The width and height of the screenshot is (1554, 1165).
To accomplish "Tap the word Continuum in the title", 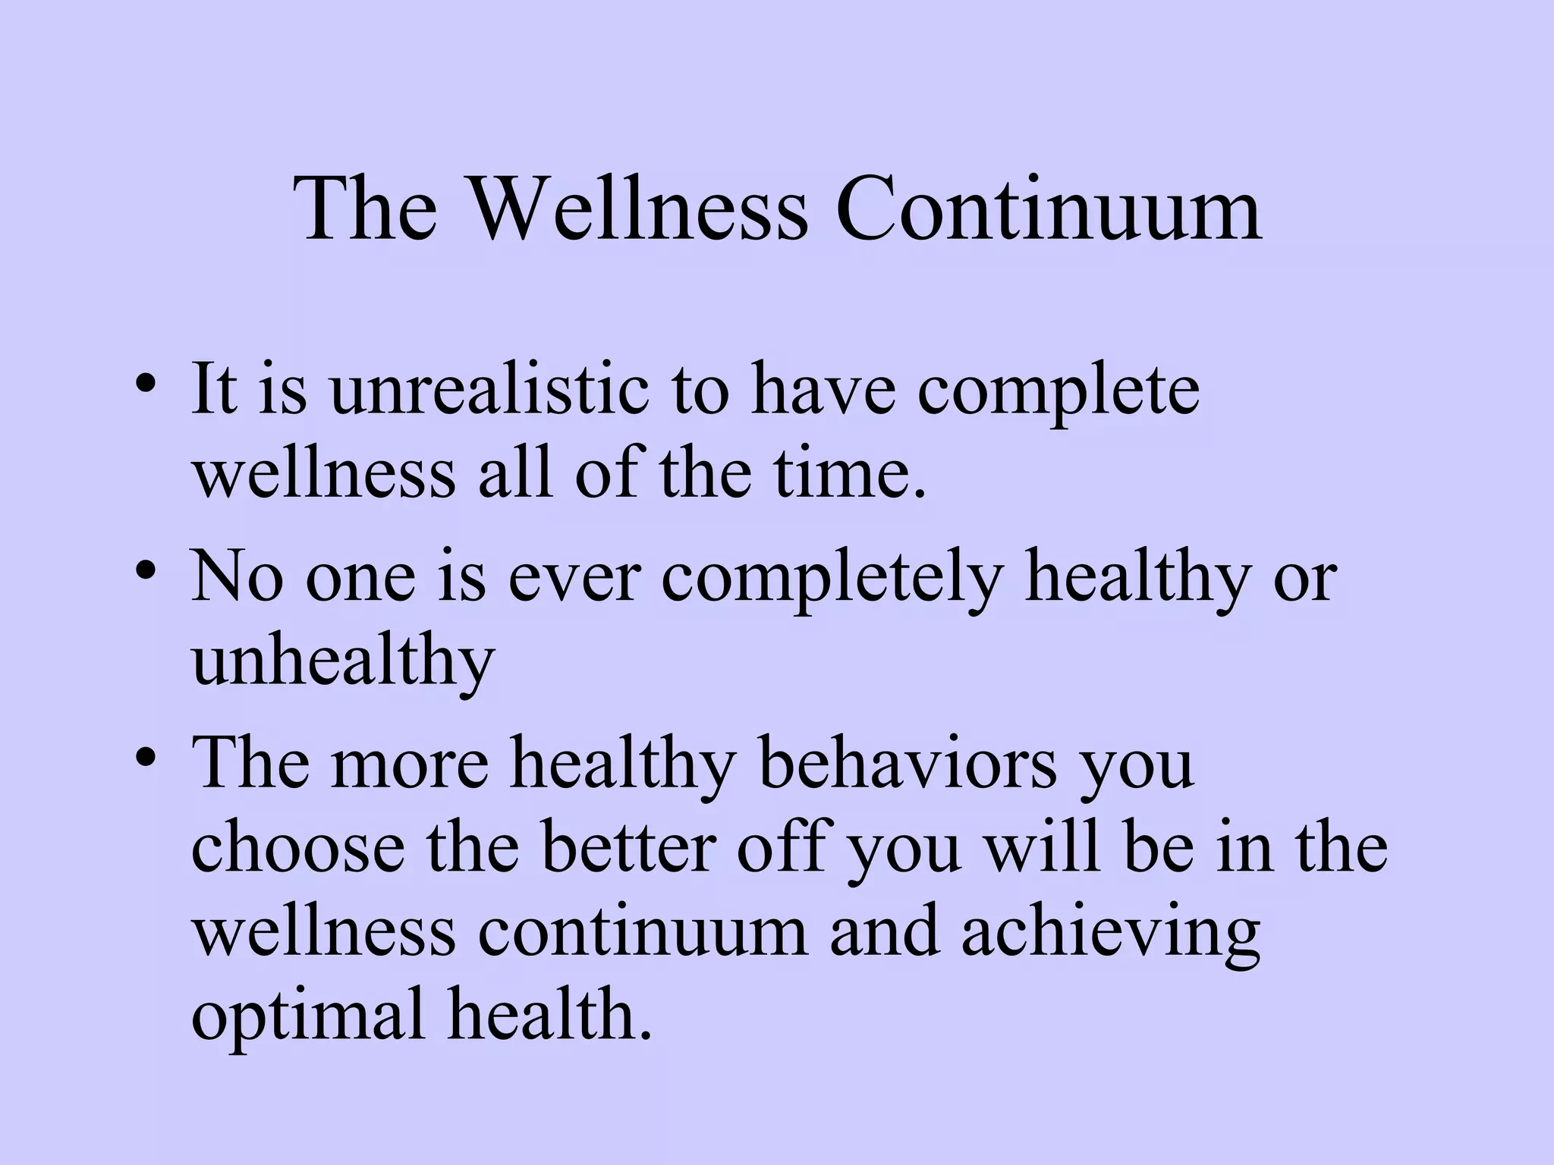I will [x=1049, y=209].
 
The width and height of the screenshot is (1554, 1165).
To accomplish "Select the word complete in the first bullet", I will [x=1058, y=393].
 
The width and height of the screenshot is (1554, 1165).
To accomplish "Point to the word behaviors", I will [x=908, y=763].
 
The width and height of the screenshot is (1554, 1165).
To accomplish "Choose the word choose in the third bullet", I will [x=297, y=847].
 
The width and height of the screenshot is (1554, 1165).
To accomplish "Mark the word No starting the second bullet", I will [x=238, y=578].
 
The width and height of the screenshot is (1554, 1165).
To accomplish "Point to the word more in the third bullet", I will [x=410, y=765].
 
